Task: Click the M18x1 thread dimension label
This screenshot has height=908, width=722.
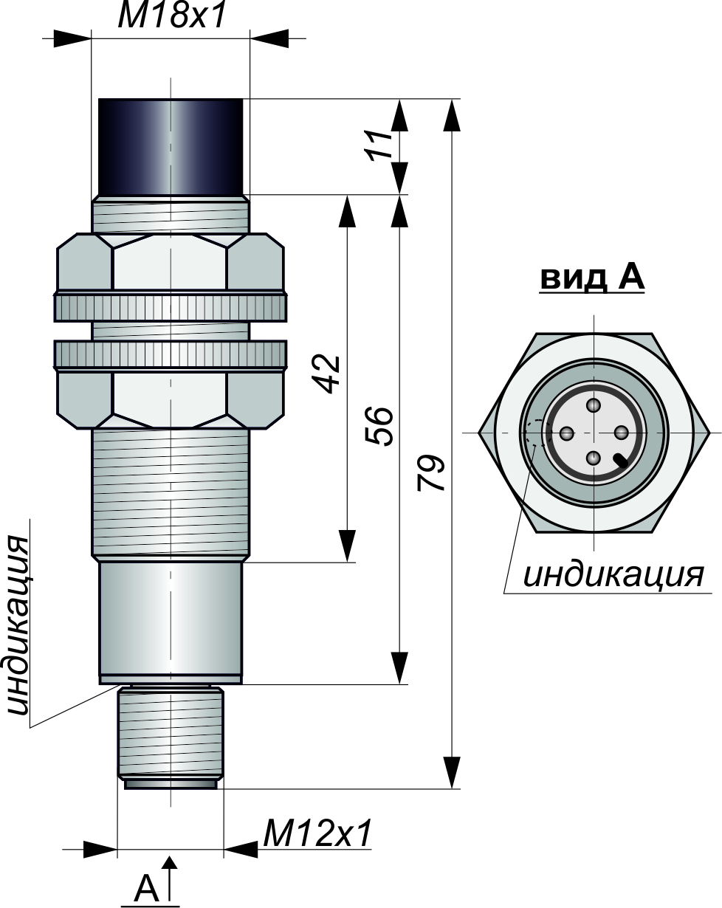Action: tap(172, 16)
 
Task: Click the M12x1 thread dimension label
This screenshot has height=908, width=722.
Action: tap(317, 833)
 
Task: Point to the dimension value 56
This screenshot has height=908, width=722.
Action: tap(379, 426)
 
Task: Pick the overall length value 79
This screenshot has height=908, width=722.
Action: tap(431, 473)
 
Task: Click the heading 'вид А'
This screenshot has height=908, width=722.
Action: tap(592, 278)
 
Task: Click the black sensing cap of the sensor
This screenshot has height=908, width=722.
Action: tap(171, 147)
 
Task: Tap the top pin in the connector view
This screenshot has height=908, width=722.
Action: tap(594, 406)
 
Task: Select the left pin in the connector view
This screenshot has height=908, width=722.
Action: tap(567, 433)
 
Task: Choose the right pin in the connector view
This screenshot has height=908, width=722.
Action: tap(621, 433)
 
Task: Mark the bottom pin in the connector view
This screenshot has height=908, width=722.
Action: tap(594, 458)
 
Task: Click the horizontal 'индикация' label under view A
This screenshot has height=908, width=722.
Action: tap(613, 575)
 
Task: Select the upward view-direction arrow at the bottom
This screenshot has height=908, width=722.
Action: tap(170, 877)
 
